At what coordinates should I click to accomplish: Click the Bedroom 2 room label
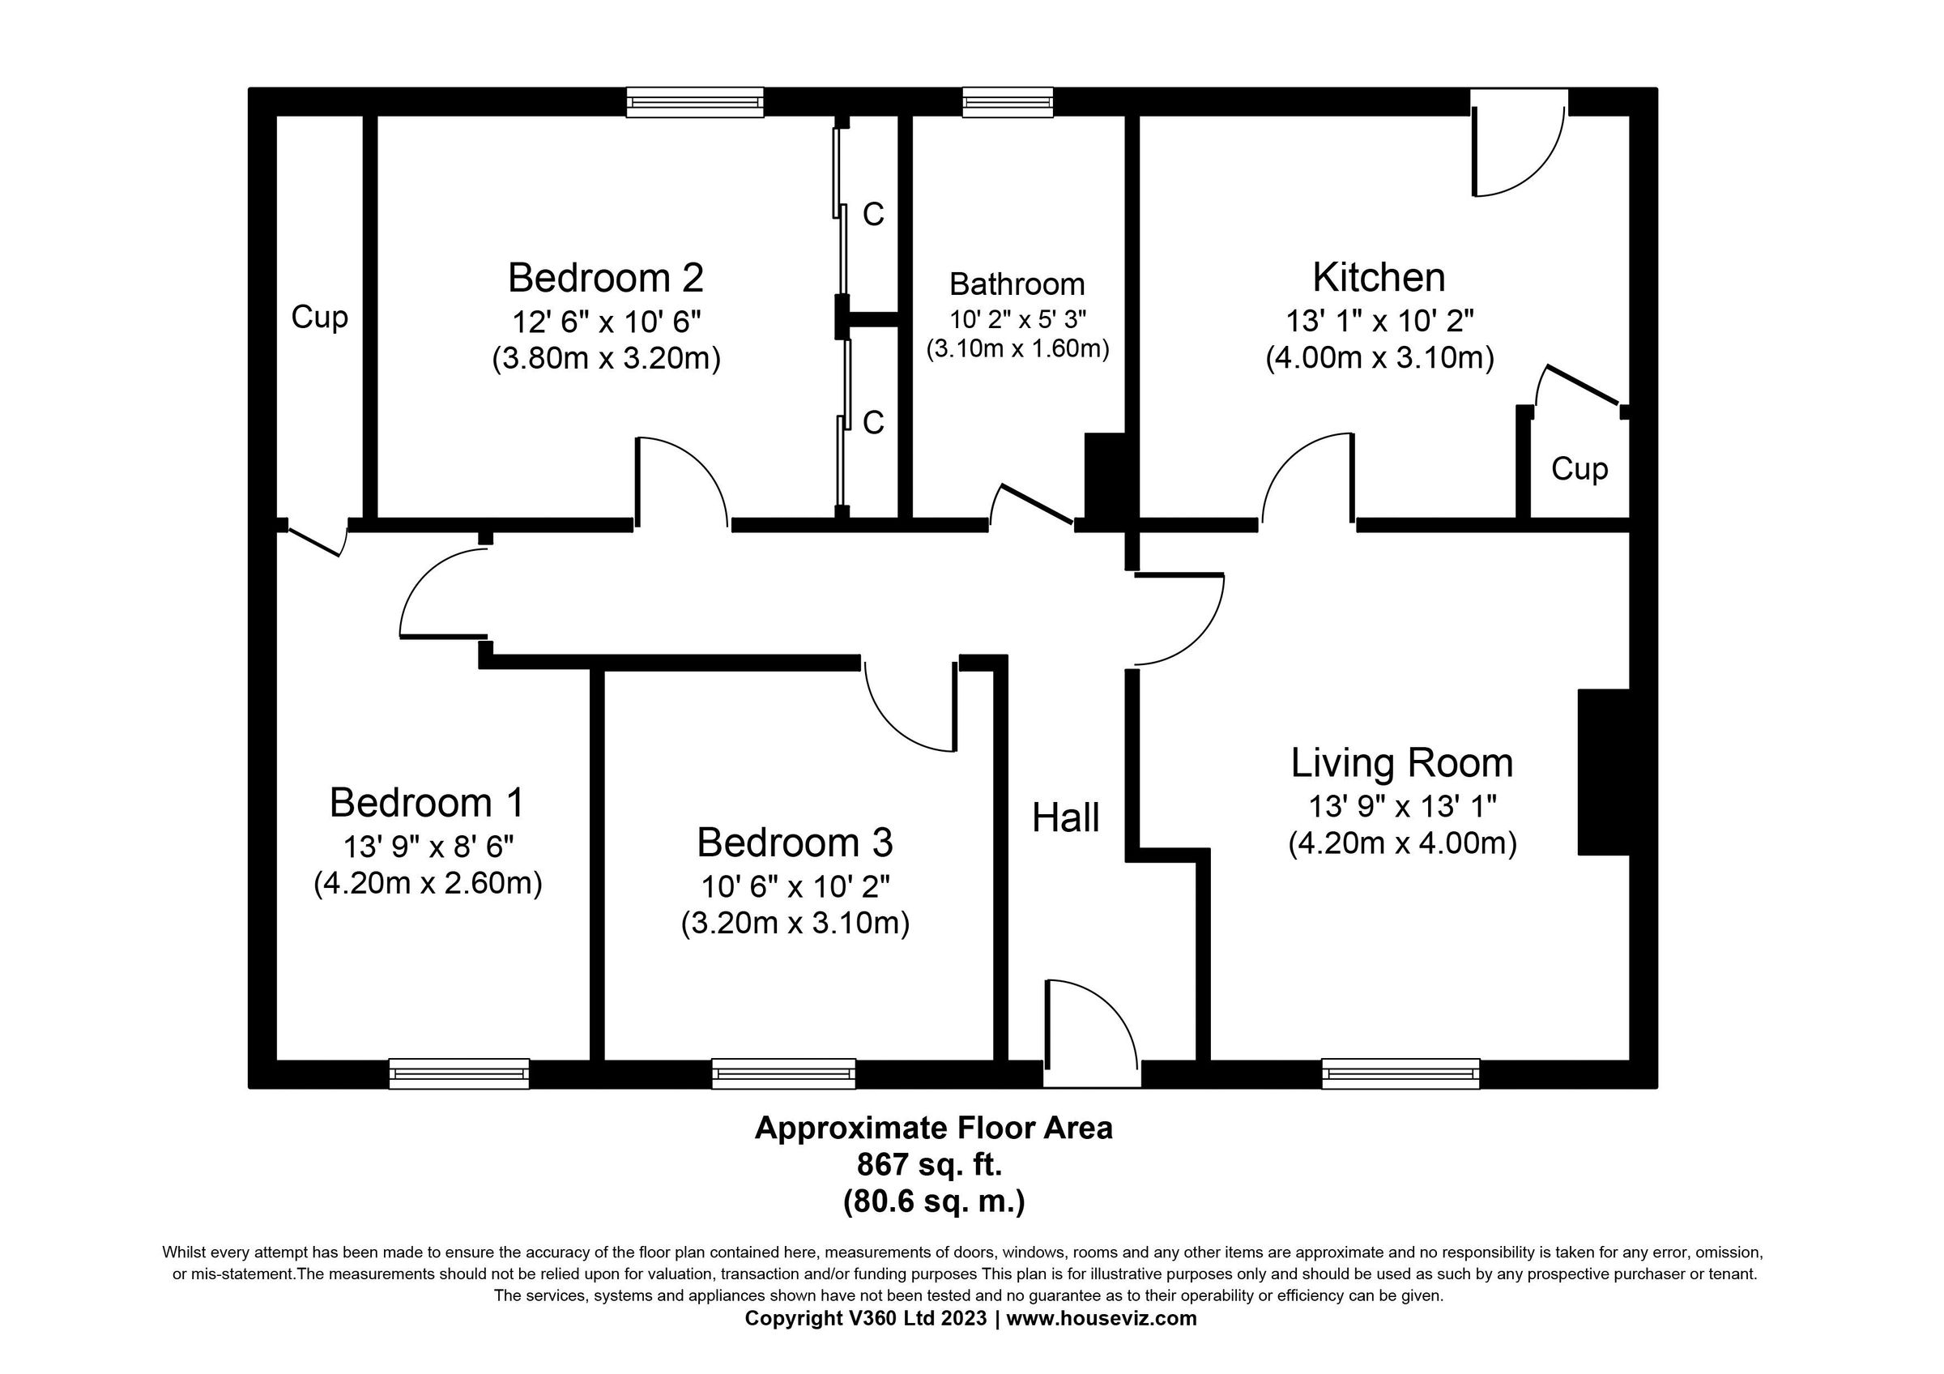pyautogui.click(x=605, y=278)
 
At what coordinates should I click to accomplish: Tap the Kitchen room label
pyautogui.click(x=1379, y=278)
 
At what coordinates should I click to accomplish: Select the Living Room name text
pyautogui.click(x=1402, y=764)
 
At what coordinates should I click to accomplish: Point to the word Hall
pyautogui.click(x=1066, y=817)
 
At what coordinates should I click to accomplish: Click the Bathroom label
pyautogui.click(x=1017, y=284)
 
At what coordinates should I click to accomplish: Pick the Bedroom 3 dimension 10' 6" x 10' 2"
pyautogui.click(x=795, y=886)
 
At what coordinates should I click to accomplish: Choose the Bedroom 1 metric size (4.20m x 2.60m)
pyautogui.click(x=428, y=883)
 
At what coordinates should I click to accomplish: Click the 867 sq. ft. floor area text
pyautogui.click(x=930, y=1165)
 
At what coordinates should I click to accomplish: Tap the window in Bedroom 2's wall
pyautogui.click(x=695, y=102)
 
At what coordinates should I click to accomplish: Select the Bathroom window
pyautogui.click(x=1008, y=102)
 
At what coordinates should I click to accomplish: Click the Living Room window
pyautogui.click(x=1401, y=1073)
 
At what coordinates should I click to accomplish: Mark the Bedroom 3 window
pyautogui.click(x=784, y=1073)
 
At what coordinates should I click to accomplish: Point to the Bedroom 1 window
pyautogui.click(x=459, y=1073)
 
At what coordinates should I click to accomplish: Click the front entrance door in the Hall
pyautogui.click(x=1092, y=1033)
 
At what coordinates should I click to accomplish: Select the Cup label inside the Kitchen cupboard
pyautogui.click(x=1579, y=469)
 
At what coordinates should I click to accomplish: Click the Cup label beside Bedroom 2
pyautogui.click(x=319, y=318)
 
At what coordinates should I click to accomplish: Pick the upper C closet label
pyautogui.click(x=874, y=215)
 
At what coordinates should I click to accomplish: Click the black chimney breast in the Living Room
pyautogui.click(x=1604, y=772)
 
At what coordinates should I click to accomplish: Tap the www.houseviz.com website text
pyautogui.click(x=1101, y=1318)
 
